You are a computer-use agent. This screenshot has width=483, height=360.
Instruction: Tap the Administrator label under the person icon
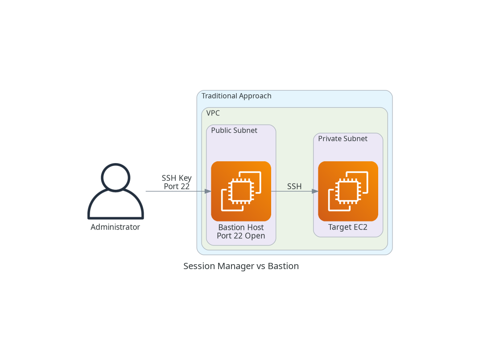pyautogui.click(x=115, y=227)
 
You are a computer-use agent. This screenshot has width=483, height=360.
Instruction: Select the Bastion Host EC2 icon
pyautogui.click(x=241, y=191)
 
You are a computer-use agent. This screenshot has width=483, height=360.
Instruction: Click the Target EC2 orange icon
pyautogui.click(x=348, y=191)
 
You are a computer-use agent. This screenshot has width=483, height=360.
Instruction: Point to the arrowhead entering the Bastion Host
pyautogui.click(x=208, y=192)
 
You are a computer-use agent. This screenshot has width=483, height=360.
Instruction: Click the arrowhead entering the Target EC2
pyautogui.click(x=315, y=192)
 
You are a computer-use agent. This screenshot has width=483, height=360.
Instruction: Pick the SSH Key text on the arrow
pyautogui.click(x=177, y=178)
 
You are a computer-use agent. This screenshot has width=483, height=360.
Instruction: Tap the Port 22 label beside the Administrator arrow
pyautogui.click(x=177, y=187)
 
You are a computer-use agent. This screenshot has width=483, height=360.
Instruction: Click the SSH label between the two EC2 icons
pyautogui.click(x=294, y=187)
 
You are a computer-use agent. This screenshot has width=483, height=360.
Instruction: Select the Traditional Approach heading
pyautogui.click(x=236, y=96)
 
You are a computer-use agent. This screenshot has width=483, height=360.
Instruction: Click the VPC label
pyautogui.click(x=213, y=113)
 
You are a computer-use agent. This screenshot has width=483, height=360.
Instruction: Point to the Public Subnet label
pyautogui.click(x=234, y=131)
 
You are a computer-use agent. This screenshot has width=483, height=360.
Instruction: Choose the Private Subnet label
pyautogui.click(x=343, y=139)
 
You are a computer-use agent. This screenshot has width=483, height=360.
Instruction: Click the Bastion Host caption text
pyautogui.click(x=241, y=227)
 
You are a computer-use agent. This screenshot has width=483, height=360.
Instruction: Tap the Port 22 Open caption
pyautogui.click(x=241, y=236)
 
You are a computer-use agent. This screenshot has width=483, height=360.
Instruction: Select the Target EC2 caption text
pyautogui.click(x=348, y=227)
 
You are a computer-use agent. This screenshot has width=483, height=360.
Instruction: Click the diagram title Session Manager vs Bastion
pyautogui.click(x=241, y=266)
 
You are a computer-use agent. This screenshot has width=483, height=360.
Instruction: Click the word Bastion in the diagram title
pyautogui.click(x=283, y=266)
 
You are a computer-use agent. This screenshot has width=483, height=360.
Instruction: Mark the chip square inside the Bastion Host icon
pyautogui.click(x=241, y=192)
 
